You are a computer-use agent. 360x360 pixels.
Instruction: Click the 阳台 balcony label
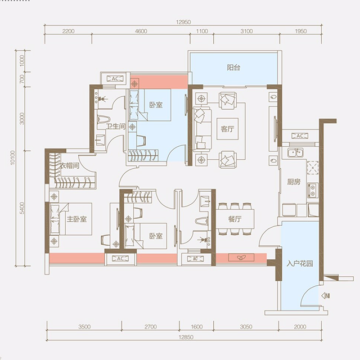coord(233,67)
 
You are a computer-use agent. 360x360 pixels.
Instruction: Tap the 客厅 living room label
coord(227,129)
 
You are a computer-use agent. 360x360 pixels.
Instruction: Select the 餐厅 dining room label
coord(235,219)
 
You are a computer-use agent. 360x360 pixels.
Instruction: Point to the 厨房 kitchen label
coord(294,182)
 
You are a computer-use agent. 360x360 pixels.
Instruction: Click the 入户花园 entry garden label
coord(300,263)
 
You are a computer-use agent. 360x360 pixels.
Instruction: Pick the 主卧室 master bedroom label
coord(76,219)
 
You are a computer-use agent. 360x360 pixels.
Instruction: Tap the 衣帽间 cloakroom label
coord(70,165)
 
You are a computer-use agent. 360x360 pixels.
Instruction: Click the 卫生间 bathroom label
coord(116,126)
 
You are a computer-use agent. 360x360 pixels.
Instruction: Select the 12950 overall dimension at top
coord(183,22)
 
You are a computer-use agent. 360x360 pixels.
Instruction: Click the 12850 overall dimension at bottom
coord(186,337)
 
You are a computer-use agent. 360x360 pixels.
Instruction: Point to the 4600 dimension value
coord(141,31)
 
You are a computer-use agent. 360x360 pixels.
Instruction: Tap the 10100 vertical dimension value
coord(12,157)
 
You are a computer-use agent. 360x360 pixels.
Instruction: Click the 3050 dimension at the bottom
coord(246,326)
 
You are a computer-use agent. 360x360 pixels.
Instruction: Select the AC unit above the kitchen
coord(300,136)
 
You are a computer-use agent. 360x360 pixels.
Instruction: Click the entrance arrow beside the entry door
coord(326,296)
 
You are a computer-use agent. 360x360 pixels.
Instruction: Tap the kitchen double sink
coord(296,152)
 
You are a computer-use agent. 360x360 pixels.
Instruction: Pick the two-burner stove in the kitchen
coord(313,191)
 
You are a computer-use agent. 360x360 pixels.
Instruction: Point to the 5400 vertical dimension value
coord(22,208)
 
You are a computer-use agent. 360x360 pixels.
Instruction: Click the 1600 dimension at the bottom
coord(197,326)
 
